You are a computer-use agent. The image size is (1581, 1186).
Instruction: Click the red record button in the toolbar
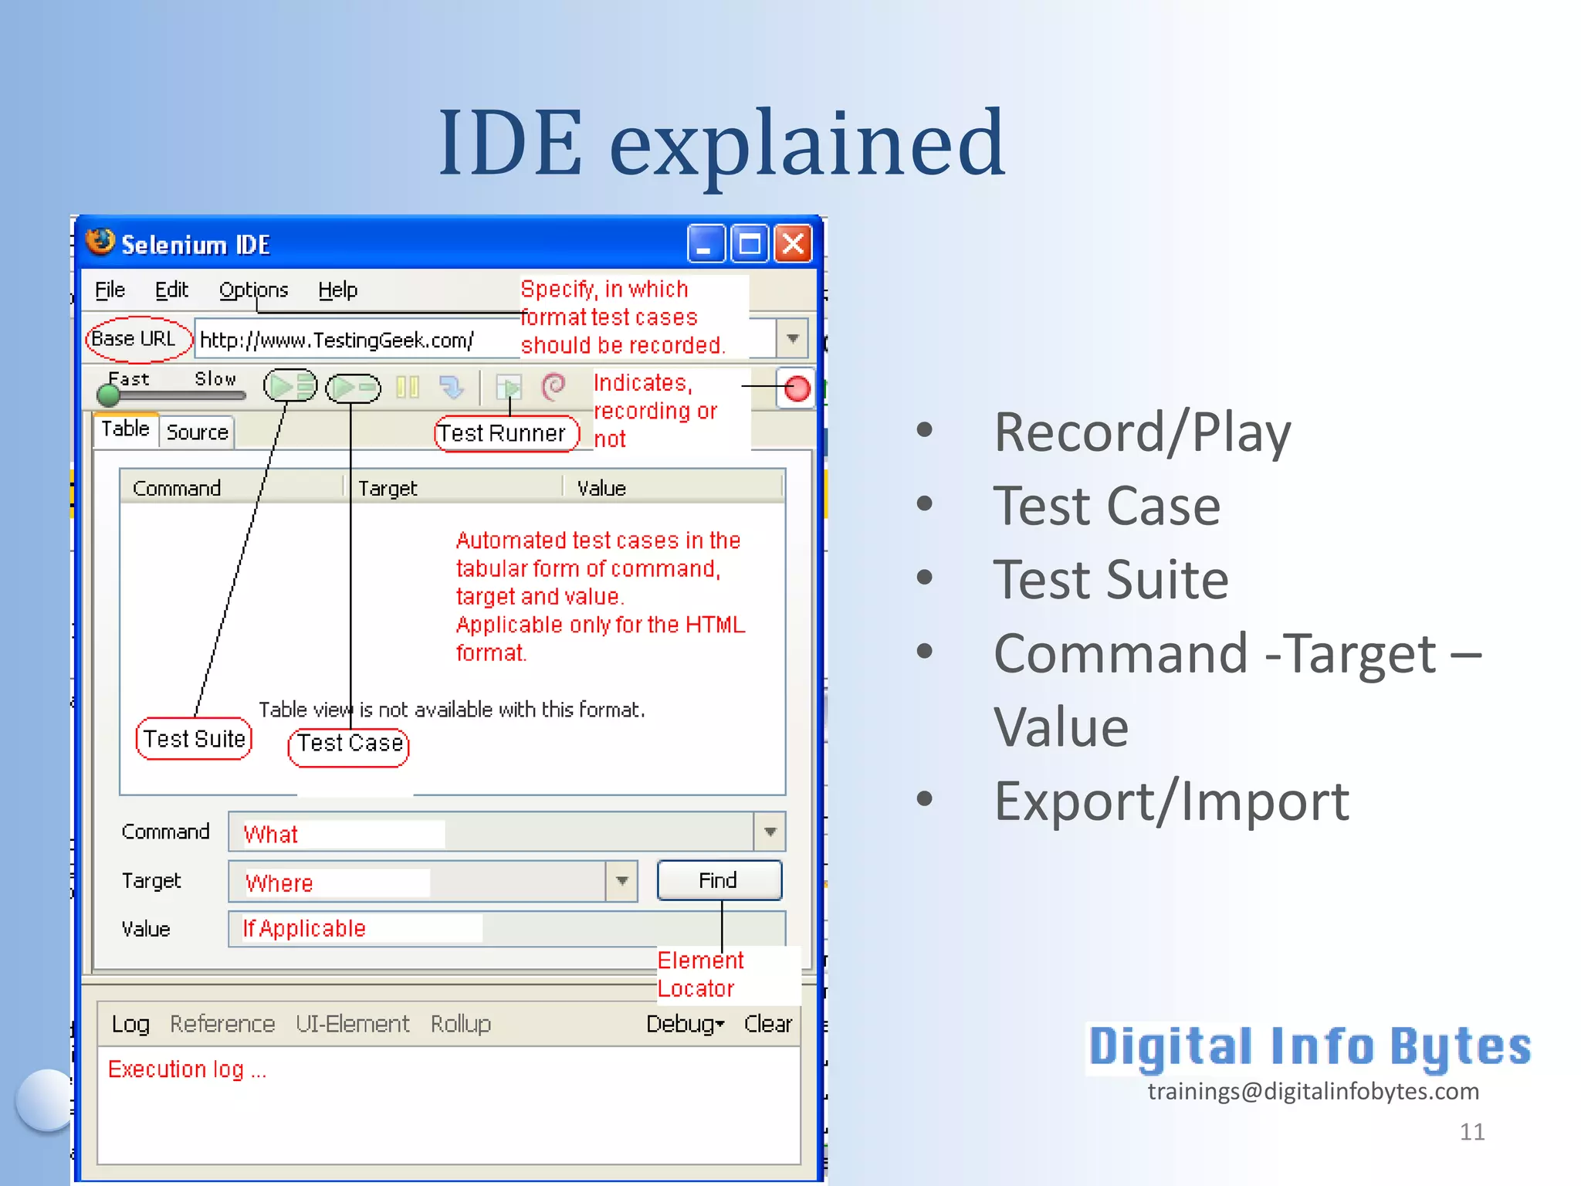pyautogui.click(x=797, y=388)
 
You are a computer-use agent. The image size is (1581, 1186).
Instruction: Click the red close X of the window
pyautogui.click(x=793, y=245)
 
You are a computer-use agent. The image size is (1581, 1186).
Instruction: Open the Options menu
pyautogui.click(x=253, y=290)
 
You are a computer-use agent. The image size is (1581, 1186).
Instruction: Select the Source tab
pyautogui.click(x=198, y=432)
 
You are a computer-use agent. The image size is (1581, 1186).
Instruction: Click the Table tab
pyautogui.click(x=125, y=429)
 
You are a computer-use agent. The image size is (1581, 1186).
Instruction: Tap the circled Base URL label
pyautogui.click(x=134, y=339)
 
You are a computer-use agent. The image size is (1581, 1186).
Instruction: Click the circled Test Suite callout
pyautogui.click(x=194, y=739)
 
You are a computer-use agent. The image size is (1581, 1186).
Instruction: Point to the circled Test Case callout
pyautogui.click(x=349, y=744)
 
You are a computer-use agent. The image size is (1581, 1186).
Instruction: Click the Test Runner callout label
pyautogui.click(x=503, y=433)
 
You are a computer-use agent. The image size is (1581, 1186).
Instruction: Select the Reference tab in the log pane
pyautogui.click(x=222, y=1024)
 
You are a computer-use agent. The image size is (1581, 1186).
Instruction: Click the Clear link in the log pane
pyautogui.click(x=767, y=1024)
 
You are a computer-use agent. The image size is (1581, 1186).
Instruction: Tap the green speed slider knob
pyautogui.click(x=109, y=395)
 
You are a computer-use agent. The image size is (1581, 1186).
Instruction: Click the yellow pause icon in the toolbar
pyautogui.click(x=408, y=387)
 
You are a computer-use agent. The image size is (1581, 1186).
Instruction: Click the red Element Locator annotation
pyautogui.click(x=699, y=974)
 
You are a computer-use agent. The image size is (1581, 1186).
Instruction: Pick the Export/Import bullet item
pyautogui.click(x=1170, y=801)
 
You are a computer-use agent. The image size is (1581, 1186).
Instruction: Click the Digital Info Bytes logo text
pyautogui.click(x=1309, y=1047)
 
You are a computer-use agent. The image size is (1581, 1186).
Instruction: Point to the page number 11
pyautogui.click(x=1471, y=1132)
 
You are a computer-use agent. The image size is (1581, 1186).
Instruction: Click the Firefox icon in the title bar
pyautogui.click(x=100, y=242)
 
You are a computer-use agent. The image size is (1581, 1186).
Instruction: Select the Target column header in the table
pyautogui.click(x=388, y=489)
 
